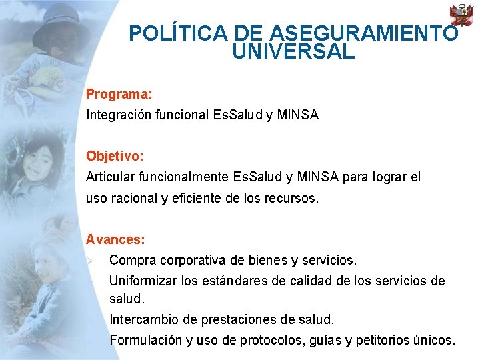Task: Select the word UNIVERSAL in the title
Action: coord(293,52)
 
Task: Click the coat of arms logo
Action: coord(461,15)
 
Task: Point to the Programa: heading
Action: coord(119,95)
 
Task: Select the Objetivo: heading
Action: coord(115,156)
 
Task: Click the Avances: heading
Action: coord(115,239)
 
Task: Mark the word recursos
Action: coord(291,198)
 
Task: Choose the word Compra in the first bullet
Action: coord(131,259)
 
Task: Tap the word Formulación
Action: coord(145,340)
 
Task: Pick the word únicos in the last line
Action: coord(433,340)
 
